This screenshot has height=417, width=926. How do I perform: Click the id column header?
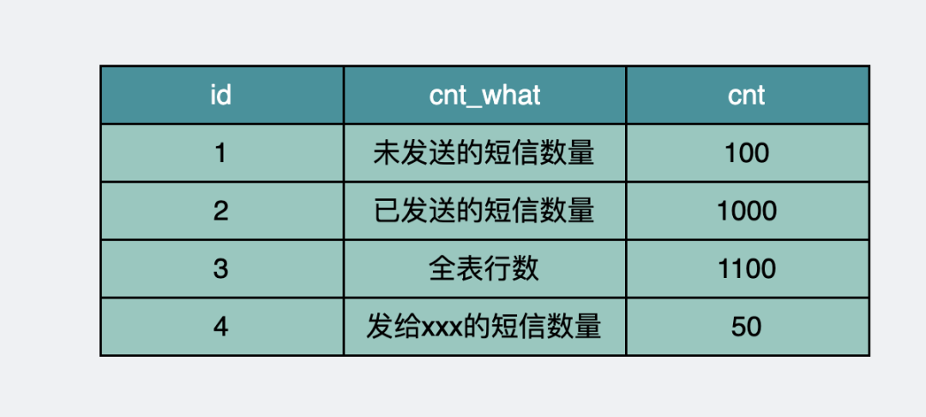pos(221,95)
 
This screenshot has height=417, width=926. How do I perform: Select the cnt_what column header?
pos(484,95)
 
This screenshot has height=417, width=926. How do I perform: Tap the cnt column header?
pos(747,95)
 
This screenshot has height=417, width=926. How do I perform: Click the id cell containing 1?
pos(221,154)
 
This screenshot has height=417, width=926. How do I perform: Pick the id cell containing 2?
pos(221,211)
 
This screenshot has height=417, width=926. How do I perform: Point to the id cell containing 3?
pos(221,269)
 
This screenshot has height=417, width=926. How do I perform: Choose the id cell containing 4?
pos(221,327)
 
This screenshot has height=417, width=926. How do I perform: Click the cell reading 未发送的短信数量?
pos(484,154)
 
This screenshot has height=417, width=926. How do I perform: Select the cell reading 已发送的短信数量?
pos(484,211)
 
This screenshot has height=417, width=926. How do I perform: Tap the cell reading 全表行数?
pos(484,269)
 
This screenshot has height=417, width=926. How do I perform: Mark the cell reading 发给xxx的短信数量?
pos(484,327)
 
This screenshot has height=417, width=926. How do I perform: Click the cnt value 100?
pos(747,154)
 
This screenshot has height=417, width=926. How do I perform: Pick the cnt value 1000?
pos(747,211)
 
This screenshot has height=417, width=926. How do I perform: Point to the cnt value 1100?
pos(747,269)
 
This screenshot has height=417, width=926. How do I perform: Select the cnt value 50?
pos(747,327)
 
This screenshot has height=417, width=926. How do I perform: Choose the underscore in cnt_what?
pos(477,105)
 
